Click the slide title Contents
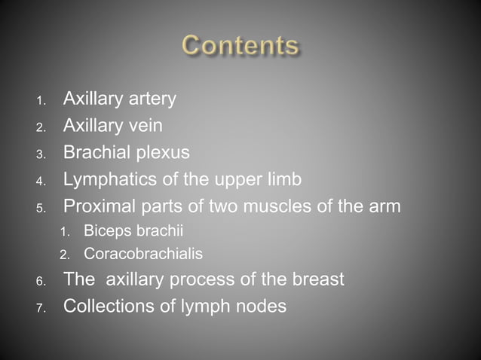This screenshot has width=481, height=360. [x=240, y=46]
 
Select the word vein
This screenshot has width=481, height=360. [x=146, y=125]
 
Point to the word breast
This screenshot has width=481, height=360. [x=316, y=279]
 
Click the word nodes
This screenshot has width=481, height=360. [x=261, y=307]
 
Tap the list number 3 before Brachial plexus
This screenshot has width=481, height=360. [x=41, y=154]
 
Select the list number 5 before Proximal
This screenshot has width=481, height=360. [x=41, y=207]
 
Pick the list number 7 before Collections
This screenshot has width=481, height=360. [x=41, y=308]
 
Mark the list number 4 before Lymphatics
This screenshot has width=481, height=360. [x=41, y=181]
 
